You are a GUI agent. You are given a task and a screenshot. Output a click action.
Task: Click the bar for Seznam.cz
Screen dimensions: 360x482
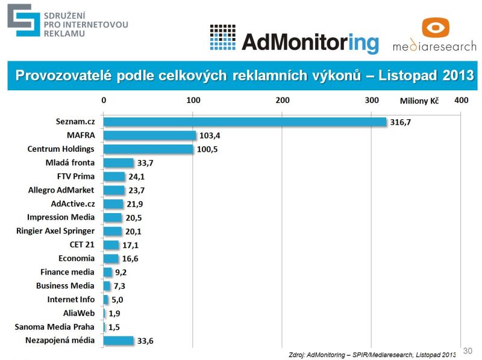[x=245, y=122]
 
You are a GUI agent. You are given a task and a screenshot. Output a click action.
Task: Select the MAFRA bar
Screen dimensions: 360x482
[x=150, y=135]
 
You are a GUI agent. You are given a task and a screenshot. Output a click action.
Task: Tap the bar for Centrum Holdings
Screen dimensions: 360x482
[x=149, y=149]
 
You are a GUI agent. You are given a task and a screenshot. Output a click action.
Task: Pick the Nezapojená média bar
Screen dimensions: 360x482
[x=119, y=341]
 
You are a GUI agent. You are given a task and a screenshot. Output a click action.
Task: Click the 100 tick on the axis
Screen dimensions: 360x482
[x=193, y=101]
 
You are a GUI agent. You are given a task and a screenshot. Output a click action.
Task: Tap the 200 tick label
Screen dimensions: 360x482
[x=282, y=101]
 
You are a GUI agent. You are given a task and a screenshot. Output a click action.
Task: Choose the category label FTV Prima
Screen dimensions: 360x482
[x=76, y=176]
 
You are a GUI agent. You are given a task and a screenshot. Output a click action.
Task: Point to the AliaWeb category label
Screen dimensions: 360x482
[x=78, y=313]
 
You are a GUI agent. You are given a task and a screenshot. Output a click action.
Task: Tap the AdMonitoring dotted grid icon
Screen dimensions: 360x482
[x=222, y=37]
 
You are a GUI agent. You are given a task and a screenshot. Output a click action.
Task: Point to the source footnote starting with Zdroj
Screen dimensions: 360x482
[x=372, y=353]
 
